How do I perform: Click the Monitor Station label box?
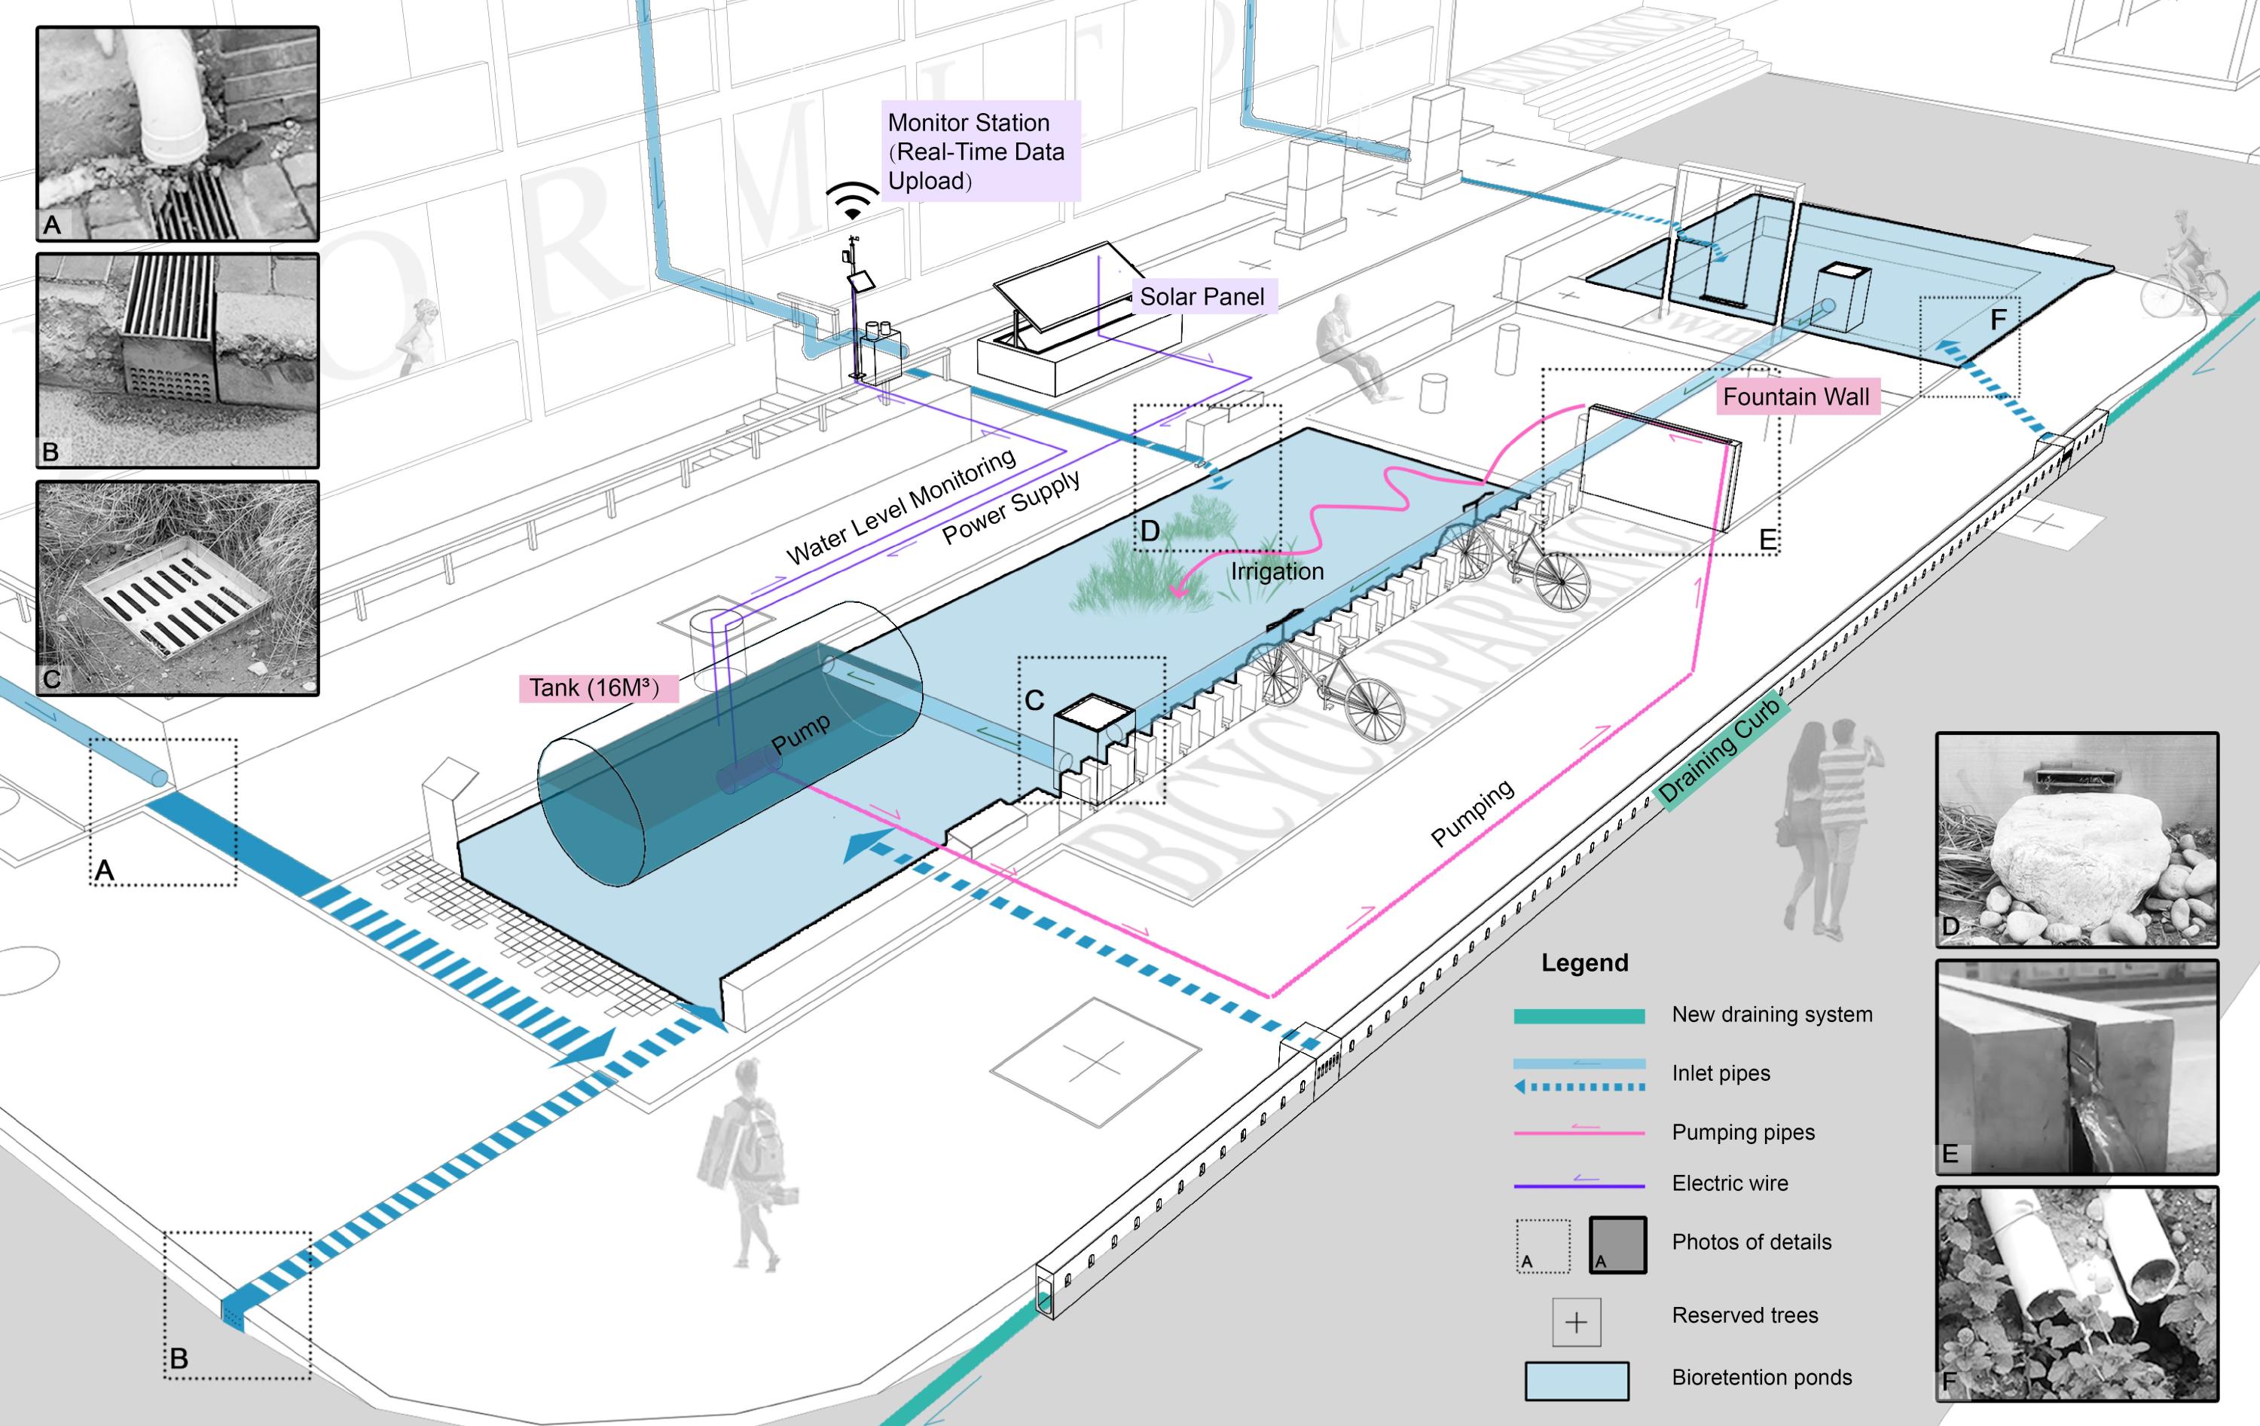(981, 151)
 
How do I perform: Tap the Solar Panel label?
(1202, 297)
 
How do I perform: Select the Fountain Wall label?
(1795, 397)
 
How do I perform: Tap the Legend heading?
(1584, 962)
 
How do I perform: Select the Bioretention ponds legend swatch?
(1576, 1380)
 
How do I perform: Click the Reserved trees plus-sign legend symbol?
(1576, 1322)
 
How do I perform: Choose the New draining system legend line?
(1579, 1016)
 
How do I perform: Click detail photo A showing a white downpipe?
(177, 133)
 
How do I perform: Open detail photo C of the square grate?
(177, 589)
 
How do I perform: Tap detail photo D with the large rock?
(2076, 840)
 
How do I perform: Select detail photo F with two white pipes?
(2076, 1293)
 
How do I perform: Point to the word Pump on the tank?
(799, 733)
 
